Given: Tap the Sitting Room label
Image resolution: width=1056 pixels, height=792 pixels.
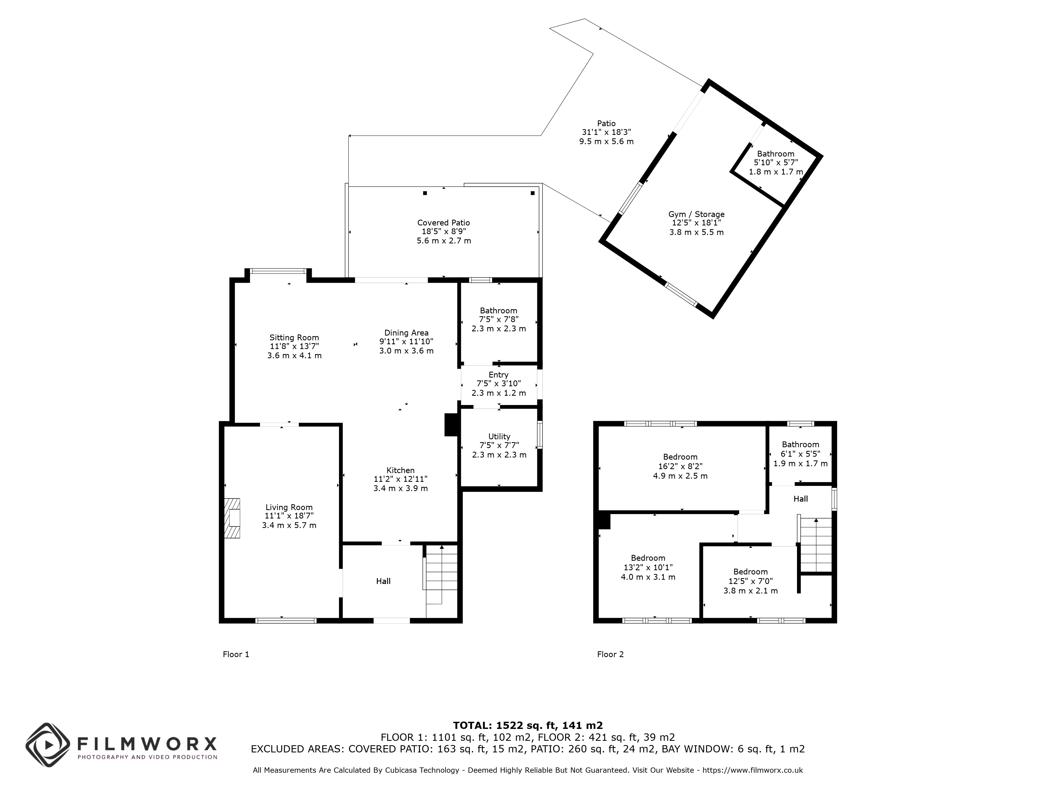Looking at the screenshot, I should point(294,337).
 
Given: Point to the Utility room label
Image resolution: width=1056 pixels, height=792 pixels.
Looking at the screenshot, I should point(499,436).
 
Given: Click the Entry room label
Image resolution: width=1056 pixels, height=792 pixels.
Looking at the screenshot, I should point(498,375).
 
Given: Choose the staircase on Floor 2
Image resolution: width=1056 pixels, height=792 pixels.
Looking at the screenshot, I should point(815,544).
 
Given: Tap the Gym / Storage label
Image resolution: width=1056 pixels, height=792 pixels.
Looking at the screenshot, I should point(696,214).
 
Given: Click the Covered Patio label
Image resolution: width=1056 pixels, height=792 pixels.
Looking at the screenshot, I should point(444,223).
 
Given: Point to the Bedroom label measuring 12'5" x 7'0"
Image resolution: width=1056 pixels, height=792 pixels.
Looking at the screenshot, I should point(751,572).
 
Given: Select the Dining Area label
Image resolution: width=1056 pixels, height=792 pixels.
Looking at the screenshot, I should point(406,333).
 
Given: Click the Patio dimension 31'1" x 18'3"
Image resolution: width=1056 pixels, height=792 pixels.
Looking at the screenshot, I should point(606,132).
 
